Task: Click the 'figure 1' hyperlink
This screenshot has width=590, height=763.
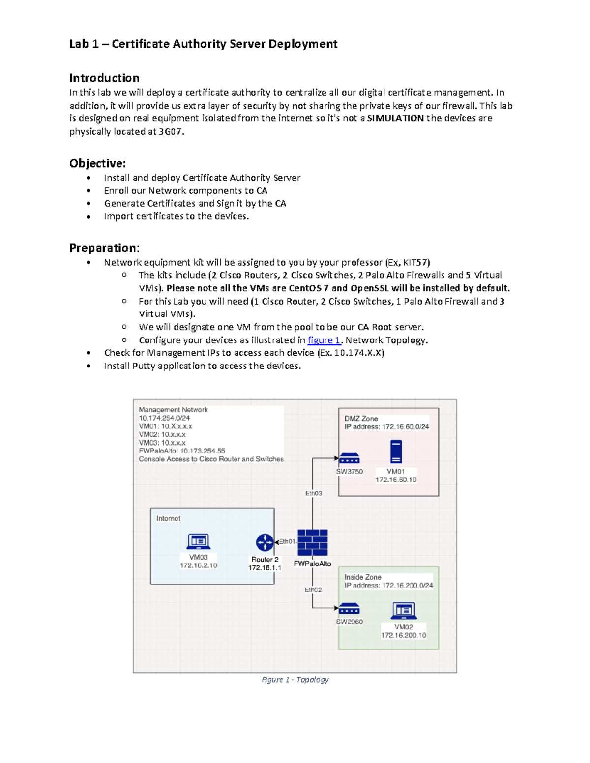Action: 324,340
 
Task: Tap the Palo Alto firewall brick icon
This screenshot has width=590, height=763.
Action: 313,543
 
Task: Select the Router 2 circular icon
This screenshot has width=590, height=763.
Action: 265,542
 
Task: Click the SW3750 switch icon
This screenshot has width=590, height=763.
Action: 349,458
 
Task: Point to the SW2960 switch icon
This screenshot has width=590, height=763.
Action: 349,609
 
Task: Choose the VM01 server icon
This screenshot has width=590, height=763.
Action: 396,452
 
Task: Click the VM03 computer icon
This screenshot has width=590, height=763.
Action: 199,541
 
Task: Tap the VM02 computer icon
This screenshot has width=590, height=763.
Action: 404,611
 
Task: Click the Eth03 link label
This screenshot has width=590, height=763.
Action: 314,493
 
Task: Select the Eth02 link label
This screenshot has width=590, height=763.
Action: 313,590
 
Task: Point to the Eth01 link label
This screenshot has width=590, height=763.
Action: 287,541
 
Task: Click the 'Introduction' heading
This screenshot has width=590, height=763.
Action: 104,78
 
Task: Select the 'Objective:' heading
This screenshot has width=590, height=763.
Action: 97,163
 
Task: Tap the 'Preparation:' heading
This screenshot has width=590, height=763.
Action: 104,248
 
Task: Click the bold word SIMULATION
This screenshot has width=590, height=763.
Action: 395,118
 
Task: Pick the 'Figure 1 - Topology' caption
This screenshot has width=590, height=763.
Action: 295,679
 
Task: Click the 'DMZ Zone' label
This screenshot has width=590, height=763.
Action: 361,419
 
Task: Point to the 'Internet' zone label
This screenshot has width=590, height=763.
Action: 168,518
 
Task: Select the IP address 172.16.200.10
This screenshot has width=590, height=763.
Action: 403,635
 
